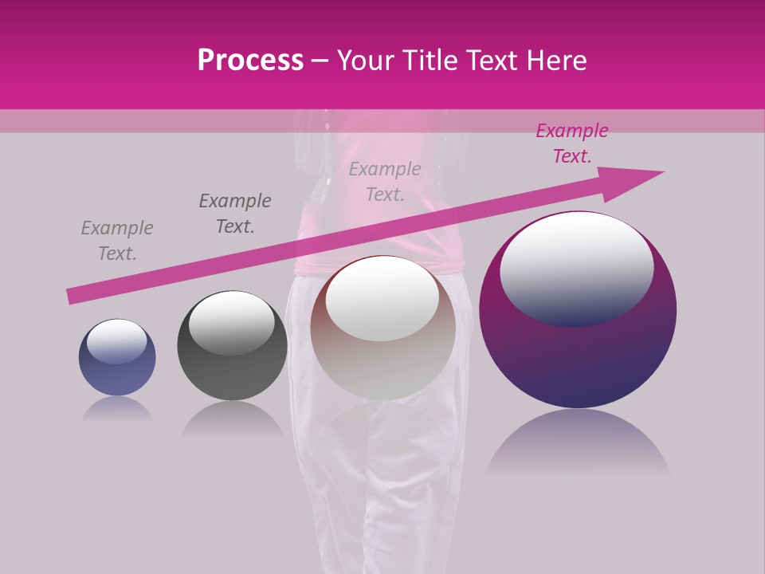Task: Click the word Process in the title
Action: click(x=250, y=61)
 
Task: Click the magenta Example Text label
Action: click(x=571, y=143)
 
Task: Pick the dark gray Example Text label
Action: click(x=235, y=214)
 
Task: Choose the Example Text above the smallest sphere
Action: click(x=117, y=241)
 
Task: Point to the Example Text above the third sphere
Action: click(x=385, y=182)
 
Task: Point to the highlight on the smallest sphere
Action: click(x=116, y=340)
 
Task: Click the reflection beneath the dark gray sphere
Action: click(x=232, y=419)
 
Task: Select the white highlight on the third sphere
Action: click(x=382, y=299)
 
